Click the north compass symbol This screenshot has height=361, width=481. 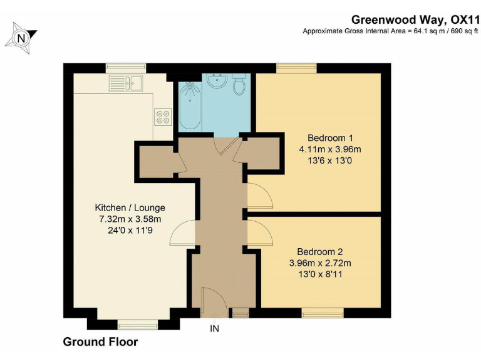pos(22,38)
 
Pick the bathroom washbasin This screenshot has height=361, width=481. pos(217,81)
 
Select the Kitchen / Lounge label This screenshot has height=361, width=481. pos(130,207)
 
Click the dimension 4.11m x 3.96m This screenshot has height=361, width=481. pos(330,149)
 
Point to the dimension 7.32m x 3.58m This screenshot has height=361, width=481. pos(129,219)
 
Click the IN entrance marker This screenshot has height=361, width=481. pos(215,328)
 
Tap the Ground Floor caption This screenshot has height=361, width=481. pos(100,342)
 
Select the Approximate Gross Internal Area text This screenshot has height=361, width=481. pos(386,31)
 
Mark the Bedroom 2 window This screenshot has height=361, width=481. pos(323,311)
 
